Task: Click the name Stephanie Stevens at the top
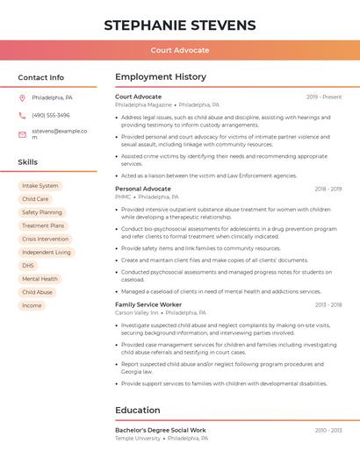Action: tap(180, 25)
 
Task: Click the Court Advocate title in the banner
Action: tap(180, 50)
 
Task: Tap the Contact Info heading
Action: tap(41, 77)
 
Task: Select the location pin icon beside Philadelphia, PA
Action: tap(22, 97)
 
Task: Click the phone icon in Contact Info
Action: tap(22, 115)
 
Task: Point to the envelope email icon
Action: tap(22, 134)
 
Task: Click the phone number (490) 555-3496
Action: tap(51, 115)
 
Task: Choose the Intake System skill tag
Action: tap(40, 186)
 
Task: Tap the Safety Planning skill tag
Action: tap(42, 212)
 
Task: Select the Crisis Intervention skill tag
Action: tap(45, 239)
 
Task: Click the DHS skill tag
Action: tap(28, 265)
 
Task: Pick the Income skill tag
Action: tap(32, 305)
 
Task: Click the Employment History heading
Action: tap(161, 77)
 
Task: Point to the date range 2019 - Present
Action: tap(324, 97)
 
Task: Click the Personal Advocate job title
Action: tap(143, 189)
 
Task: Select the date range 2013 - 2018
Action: tap(328, 304)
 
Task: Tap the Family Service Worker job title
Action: tap(148, 304)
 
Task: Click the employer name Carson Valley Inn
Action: tap(137, 312)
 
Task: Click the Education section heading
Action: tap(138, 410)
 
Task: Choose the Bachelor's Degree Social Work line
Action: tap(161, 430)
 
